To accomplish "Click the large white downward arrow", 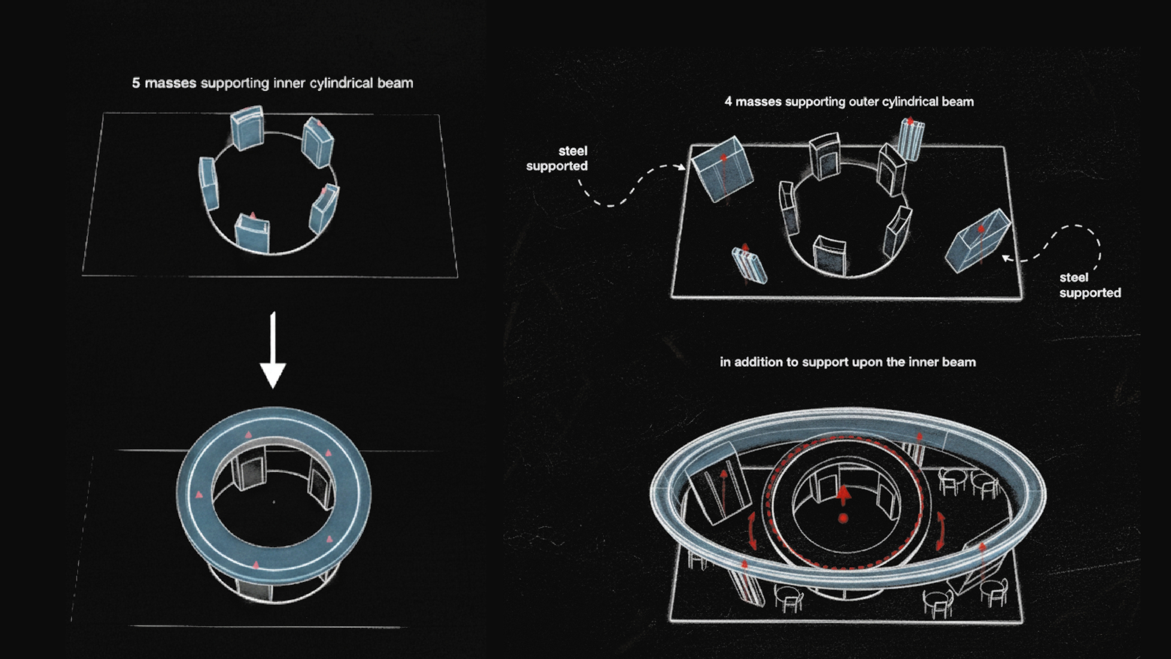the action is [273, 350].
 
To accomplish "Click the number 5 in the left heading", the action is [136, 83].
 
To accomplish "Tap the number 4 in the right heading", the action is [728, 102].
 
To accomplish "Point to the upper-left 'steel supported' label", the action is [557, 158].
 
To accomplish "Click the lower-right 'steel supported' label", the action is [1090, 285].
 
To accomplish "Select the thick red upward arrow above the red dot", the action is [844, 495].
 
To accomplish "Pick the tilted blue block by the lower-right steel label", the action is [977, 241].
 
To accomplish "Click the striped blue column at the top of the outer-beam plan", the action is [911, 139].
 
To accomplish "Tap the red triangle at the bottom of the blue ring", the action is [256, 565].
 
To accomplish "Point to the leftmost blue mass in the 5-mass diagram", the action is [209, 183].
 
